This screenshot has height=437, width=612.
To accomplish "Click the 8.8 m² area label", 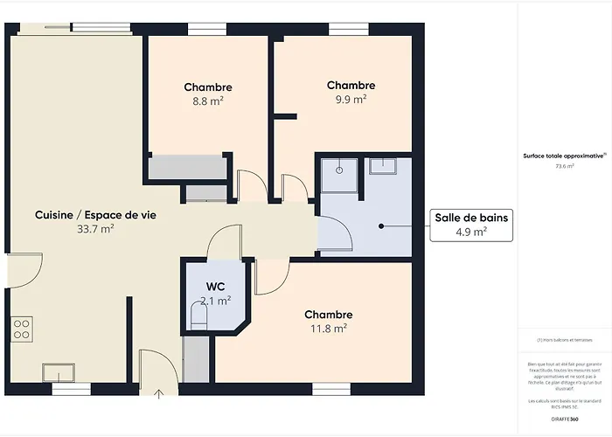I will click(208, 101).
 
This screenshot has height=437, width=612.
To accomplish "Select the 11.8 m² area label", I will click(329, 329).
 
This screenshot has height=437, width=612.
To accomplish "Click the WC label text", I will click(215, 287).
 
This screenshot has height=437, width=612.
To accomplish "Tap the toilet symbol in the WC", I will click(197, 314).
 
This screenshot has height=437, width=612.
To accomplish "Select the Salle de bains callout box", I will click(471, 225).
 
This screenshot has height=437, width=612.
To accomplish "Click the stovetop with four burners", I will click(22, 329).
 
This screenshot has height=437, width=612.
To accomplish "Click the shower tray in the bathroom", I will click(338, 175).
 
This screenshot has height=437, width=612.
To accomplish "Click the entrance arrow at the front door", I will click(157, 395).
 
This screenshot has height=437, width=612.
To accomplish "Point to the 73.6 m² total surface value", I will click(564, 165).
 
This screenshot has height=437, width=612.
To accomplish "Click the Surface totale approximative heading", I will click(564, 155).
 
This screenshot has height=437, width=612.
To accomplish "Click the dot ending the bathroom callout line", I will click(382, 225).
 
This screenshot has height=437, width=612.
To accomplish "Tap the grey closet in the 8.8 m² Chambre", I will click(187, 167).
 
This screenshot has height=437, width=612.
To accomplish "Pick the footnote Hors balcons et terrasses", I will click(564, 339).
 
